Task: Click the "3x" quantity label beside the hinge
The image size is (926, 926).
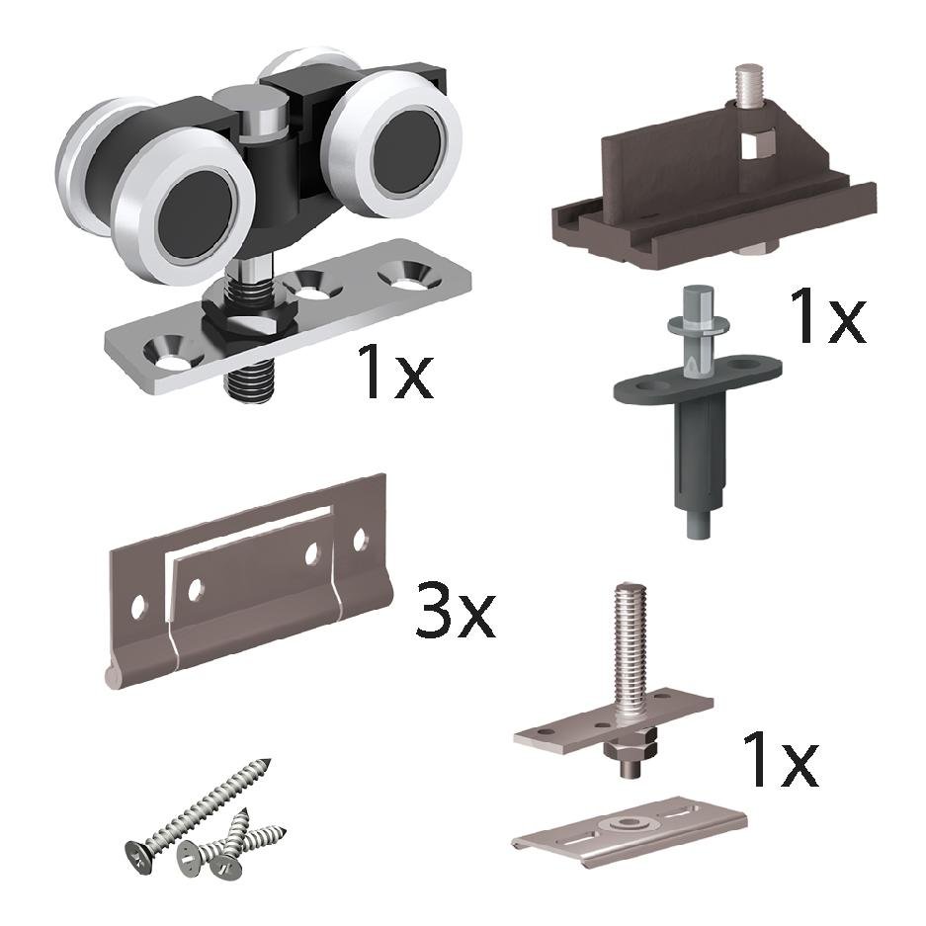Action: click(456, 610)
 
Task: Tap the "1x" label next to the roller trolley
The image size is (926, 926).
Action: click(395, 371)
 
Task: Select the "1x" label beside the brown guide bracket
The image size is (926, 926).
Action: click(827, 315)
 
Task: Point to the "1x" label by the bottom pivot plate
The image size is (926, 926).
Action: click(780, 758)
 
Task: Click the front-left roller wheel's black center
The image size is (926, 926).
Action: click(196, 213)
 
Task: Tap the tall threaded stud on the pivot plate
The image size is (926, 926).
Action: click(629, 652)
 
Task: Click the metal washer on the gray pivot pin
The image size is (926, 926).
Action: click(698, 324)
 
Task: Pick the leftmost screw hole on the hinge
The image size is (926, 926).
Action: click(137, 607)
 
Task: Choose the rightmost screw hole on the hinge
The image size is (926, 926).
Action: click(359, 539)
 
